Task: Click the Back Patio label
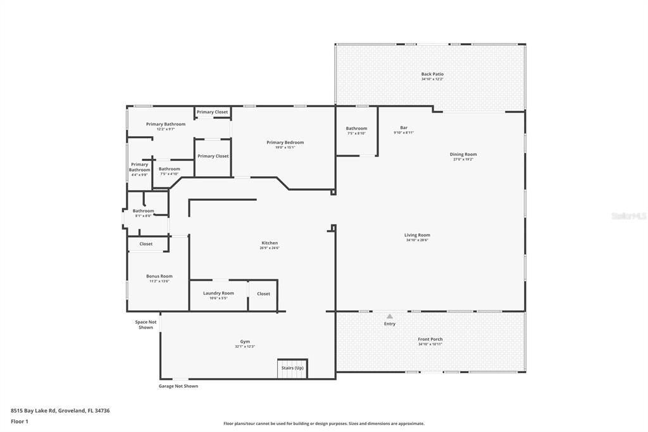[x=432, y=74]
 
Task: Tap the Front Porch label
[x=430, y=339]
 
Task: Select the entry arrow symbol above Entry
[x=390, y=316]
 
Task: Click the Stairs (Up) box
[x=291, y=368]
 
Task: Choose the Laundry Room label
[x=218, y=293]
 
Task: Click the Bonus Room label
[x=159, y=276]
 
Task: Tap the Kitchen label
[x=270, y=243]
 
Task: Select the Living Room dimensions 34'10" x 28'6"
[x=417, y=240]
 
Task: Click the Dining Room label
[x=463, y=155]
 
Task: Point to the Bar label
[x=404, y=127]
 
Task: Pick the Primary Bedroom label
[x=285, y=143]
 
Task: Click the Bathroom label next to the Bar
[x=356, y=129]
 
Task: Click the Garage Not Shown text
[x=178, y=386]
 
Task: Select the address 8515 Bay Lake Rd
[x=60, y=410]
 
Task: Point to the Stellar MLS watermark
[x=628, y=216]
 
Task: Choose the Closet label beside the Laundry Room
[x=263, y=294]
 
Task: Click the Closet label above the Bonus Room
[x=146, y=244]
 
